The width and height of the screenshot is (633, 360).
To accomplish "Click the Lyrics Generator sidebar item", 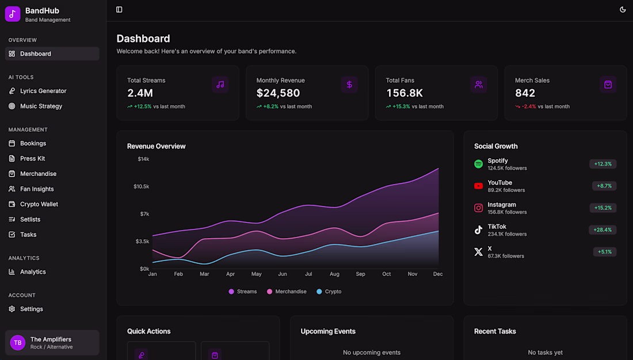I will tap(43, 91).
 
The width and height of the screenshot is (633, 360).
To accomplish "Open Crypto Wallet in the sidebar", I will tap(39, 204).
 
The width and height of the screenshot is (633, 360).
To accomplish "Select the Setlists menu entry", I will tap(30, 219).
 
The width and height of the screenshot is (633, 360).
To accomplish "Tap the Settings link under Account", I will tap(31, 309).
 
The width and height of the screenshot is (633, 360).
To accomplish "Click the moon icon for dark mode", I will tap(623, 10).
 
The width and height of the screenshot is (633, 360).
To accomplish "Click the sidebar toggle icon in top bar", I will tap(119, 10).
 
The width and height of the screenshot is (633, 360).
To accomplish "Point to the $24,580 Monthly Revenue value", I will tap(278, 93).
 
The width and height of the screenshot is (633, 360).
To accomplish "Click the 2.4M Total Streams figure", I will tap(140, 93).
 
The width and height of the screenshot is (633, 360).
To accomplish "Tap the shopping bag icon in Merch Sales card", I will tap(608, 85).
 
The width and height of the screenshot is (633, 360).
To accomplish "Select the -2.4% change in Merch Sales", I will tap(528, 106).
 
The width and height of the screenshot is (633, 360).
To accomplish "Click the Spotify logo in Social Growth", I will tap(478, 164).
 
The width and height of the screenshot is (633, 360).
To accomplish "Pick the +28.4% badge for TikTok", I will tap(603, 230).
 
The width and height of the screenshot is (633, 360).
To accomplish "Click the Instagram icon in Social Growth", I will tap(478, 208).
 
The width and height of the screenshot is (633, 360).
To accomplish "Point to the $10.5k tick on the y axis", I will tap(141, 186).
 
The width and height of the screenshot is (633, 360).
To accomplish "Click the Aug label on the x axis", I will tap(334, 274).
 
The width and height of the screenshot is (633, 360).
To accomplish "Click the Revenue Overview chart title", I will tap(156, 146).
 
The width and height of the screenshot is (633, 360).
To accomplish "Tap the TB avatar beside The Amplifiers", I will tap(18, 343).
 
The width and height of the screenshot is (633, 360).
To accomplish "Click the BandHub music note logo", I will tap(13, 14).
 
